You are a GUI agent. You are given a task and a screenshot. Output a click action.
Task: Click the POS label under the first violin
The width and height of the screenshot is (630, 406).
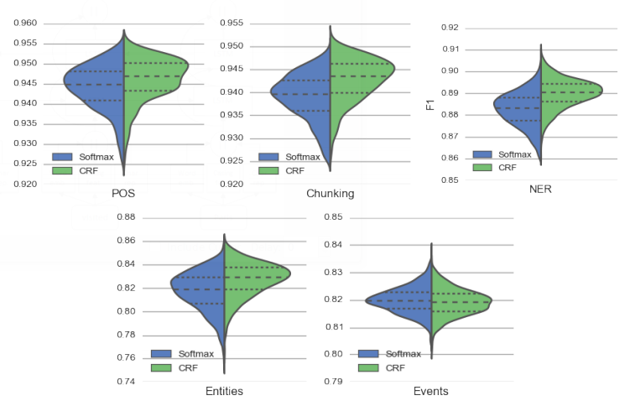click(123, 194)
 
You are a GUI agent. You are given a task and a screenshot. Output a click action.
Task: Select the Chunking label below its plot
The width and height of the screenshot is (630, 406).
click(330, 194)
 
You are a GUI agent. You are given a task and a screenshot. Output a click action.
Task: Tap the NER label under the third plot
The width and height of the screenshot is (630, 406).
click(540, 190)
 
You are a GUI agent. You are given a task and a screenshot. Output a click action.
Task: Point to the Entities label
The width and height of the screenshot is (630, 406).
click(225, 392)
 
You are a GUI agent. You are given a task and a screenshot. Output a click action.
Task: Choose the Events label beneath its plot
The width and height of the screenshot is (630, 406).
click(431, 392)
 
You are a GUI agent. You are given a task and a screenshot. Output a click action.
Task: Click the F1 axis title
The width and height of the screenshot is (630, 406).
click(430, 104)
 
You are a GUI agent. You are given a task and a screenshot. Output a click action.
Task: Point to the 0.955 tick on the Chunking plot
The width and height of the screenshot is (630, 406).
click(232, 23)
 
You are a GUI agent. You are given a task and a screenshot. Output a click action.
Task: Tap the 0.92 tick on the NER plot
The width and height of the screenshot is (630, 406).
click(449, 28)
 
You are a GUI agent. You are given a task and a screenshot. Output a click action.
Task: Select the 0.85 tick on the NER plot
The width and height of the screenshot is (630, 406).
click(449, 180)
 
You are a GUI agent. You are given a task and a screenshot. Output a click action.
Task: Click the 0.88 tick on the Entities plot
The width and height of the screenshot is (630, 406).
click(125, 217)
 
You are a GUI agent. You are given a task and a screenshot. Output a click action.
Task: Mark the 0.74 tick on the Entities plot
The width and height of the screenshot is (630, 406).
click(125, 382)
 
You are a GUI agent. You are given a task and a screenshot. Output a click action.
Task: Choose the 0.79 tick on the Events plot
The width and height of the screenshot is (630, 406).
click(333, 382)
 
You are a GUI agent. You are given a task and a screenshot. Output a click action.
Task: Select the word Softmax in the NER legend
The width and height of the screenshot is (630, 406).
click(514, 154)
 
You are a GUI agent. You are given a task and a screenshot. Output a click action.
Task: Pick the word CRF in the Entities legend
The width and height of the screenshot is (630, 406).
click(188, 367)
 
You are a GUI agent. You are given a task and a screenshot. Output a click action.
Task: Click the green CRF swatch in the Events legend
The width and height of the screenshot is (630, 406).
click(369, 367)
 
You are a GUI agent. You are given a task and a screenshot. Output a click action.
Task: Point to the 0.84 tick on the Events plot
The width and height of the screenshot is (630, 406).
click(333, 245)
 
